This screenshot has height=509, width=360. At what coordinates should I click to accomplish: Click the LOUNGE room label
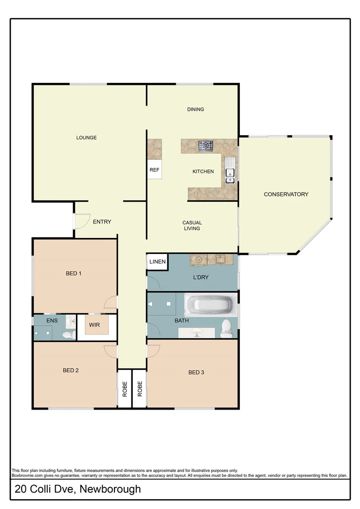[86, 138]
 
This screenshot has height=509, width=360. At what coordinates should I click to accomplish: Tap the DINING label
[196, 109]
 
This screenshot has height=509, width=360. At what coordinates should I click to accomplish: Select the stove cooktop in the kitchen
[205, 146]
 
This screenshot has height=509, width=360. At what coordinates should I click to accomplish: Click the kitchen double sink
[230, 171]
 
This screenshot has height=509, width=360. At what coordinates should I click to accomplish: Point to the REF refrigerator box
[155, 170]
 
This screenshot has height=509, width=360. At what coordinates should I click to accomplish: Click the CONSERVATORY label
[286, 194]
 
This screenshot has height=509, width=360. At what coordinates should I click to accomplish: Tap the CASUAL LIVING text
[192, 226]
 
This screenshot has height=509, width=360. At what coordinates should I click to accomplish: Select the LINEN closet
[157, 262]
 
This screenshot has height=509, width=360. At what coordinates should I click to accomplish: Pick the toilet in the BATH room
[226, 328]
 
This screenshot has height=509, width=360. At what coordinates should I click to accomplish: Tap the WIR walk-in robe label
[94, 325]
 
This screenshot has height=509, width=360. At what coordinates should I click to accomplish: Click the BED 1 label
[74, 273]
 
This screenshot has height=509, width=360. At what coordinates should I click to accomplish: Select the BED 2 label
[71, 370]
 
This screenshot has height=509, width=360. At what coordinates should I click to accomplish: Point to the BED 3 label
[196, 372]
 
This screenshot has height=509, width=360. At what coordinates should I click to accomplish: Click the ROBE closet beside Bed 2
[125, 389]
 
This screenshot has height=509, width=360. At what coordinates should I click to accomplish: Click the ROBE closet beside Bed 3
[139, 389]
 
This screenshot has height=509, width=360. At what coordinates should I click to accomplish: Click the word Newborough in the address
[110, 489]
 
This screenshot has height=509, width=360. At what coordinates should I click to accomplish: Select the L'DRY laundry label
[201, 277]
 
